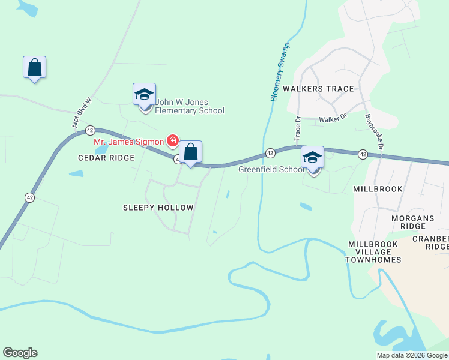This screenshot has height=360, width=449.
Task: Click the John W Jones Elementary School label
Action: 190,106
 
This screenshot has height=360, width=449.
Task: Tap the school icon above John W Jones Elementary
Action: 144,95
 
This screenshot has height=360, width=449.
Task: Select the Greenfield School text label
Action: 271,169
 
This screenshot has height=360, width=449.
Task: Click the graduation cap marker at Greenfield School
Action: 312,158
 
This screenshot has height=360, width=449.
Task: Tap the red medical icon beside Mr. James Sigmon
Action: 173,141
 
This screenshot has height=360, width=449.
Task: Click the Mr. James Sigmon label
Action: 128,142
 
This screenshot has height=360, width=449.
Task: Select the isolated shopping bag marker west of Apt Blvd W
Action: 35,68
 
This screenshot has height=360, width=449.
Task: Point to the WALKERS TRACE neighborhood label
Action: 318,89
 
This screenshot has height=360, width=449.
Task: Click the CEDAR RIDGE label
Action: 106,158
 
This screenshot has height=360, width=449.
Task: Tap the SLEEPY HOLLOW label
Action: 158,208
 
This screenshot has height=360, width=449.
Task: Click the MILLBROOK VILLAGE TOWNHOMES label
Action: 373,252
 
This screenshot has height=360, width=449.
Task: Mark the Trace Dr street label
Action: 297,127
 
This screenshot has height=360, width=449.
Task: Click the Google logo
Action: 20,353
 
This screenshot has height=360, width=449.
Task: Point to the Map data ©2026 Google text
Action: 411,355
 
